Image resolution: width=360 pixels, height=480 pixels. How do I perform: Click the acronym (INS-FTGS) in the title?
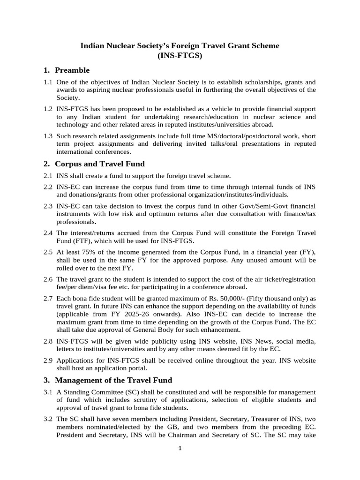coord(180,55)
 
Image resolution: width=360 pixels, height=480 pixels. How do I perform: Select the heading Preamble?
coord(72,70)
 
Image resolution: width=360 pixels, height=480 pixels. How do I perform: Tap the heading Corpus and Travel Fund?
coord(99,164)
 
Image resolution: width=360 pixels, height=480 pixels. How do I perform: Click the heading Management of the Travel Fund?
coord(113,380)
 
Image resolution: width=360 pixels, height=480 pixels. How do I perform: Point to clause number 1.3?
coord(48,136)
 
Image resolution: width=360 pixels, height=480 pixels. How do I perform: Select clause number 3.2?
coord(48,418)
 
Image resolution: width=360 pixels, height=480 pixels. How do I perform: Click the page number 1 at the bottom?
coord(180,448)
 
